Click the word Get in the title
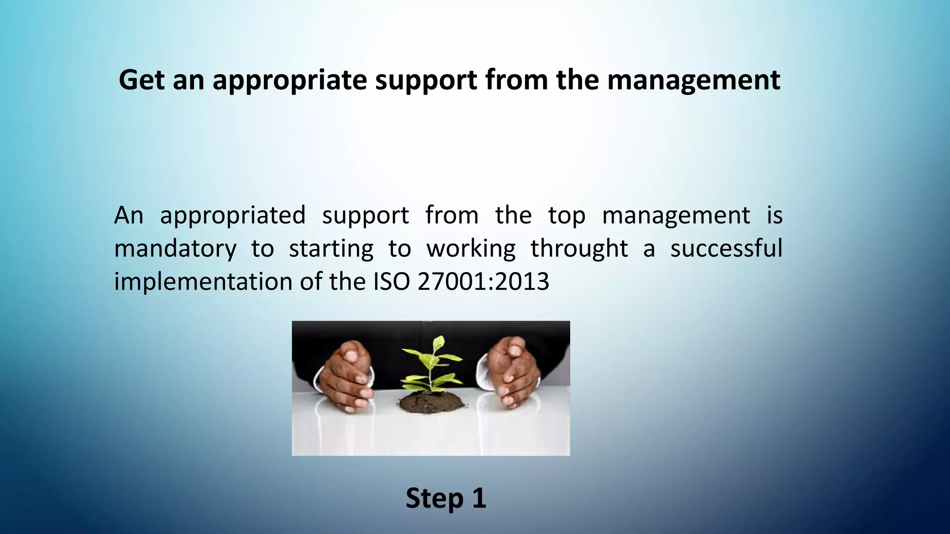[x=141, y=80]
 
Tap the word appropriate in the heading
[x=289, y=81]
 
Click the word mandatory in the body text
[x=175, y=249]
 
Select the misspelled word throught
[x=579, y=249]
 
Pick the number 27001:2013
[x=483, y=282]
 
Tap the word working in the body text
[x=471, y=249]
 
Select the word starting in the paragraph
[x=331, y=249]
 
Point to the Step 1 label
[x=446, y=498]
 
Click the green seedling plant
[x=431, y=366]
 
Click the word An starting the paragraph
[x=128, y=215]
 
